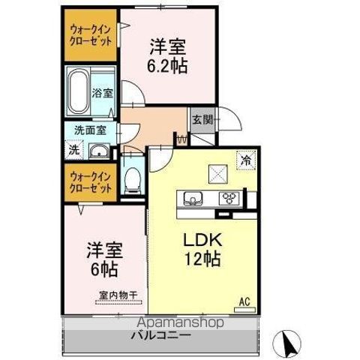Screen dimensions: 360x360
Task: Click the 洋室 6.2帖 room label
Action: tap(166, 55)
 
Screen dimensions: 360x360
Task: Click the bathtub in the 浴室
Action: tap(79, 89)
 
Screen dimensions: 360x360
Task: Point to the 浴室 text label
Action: tap(103, 93)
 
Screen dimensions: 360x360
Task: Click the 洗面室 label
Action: tap(89, 129)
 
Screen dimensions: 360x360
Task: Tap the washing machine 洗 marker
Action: tap(73, 148)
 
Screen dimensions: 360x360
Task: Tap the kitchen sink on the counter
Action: tap(190, 199)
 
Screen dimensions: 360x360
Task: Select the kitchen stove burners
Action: tap(228, 199)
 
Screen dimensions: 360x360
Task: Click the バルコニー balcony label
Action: tap(162, 334)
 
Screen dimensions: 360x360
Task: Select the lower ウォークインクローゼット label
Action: tap(91, 182)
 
